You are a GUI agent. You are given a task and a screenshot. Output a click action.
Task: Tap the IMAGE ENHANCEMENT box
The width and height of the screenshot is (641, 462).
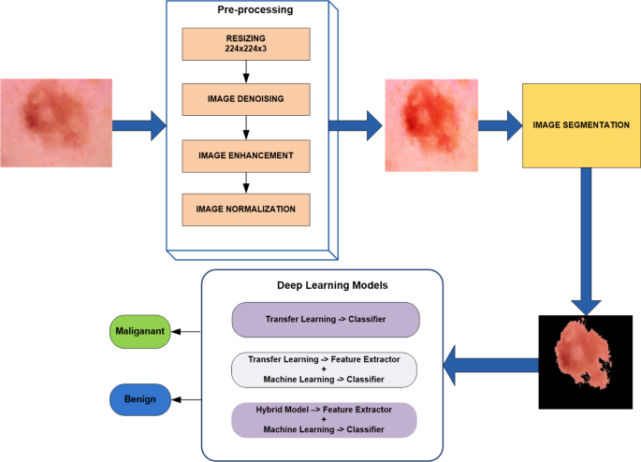245,154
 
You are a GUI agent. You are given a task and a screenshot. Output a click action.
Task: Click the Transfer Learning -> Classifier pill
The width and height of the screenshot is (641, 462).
326,318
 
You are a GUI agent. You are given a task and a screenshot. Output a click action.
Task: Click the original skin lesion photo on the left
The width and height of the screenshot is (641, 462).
57,123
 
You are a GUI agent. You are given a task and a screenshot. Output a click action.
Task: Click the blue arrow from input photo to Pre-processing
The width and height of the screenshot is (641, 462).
138,124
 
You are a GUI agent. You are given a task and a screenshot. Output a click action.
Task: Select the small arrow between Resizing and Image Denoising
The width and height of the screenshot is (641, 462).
245,74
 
